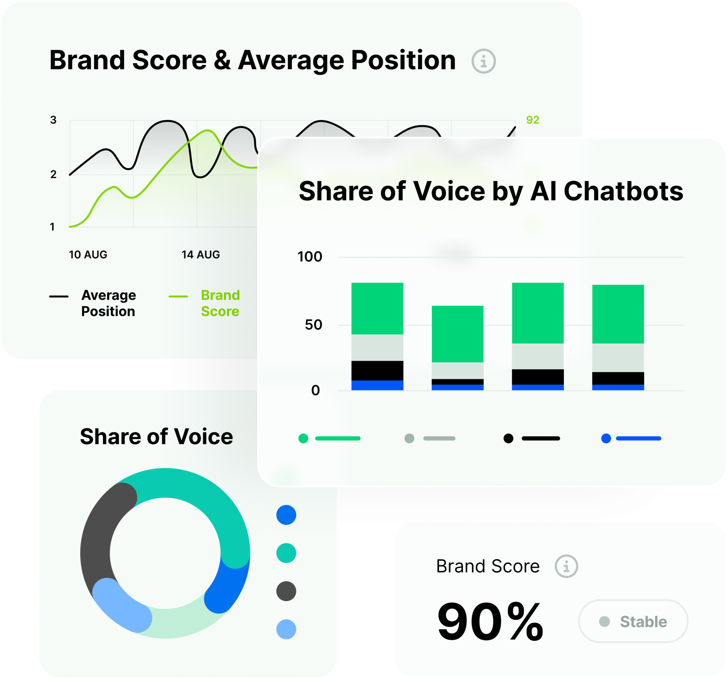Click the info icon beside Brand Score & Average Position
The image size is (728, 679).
coord(483,61)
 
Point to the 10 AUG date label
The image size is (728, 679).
coord(88,255)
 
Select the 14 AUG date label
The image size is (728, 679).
coord(201,255)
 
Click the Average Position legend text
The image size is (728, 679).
coord(108,303)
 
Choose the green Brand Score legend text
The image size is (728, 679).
coord(220,303)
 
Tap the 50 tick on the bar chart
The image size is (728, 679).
coord(313,325)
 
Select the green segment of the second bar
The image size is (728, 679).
coord(457,334)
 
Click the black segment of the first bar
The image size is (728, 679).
coord(377,371)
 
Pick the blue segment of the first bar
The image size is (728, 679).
coord(377,385)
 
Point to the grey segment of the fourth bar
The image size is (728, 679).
coord(618,358)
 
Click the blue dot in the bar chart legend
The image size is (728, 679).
coord(606,438)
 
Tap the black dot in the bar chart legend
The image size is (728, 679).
coord(508,438)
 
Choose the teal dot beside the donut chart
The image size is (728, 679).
coord(286,553)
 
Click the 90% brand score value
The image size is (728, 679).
coord(490,622)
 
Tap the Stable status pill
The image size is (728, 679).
coord(633,622)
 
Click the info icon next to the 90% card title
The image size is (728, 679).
coord(566,567)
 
